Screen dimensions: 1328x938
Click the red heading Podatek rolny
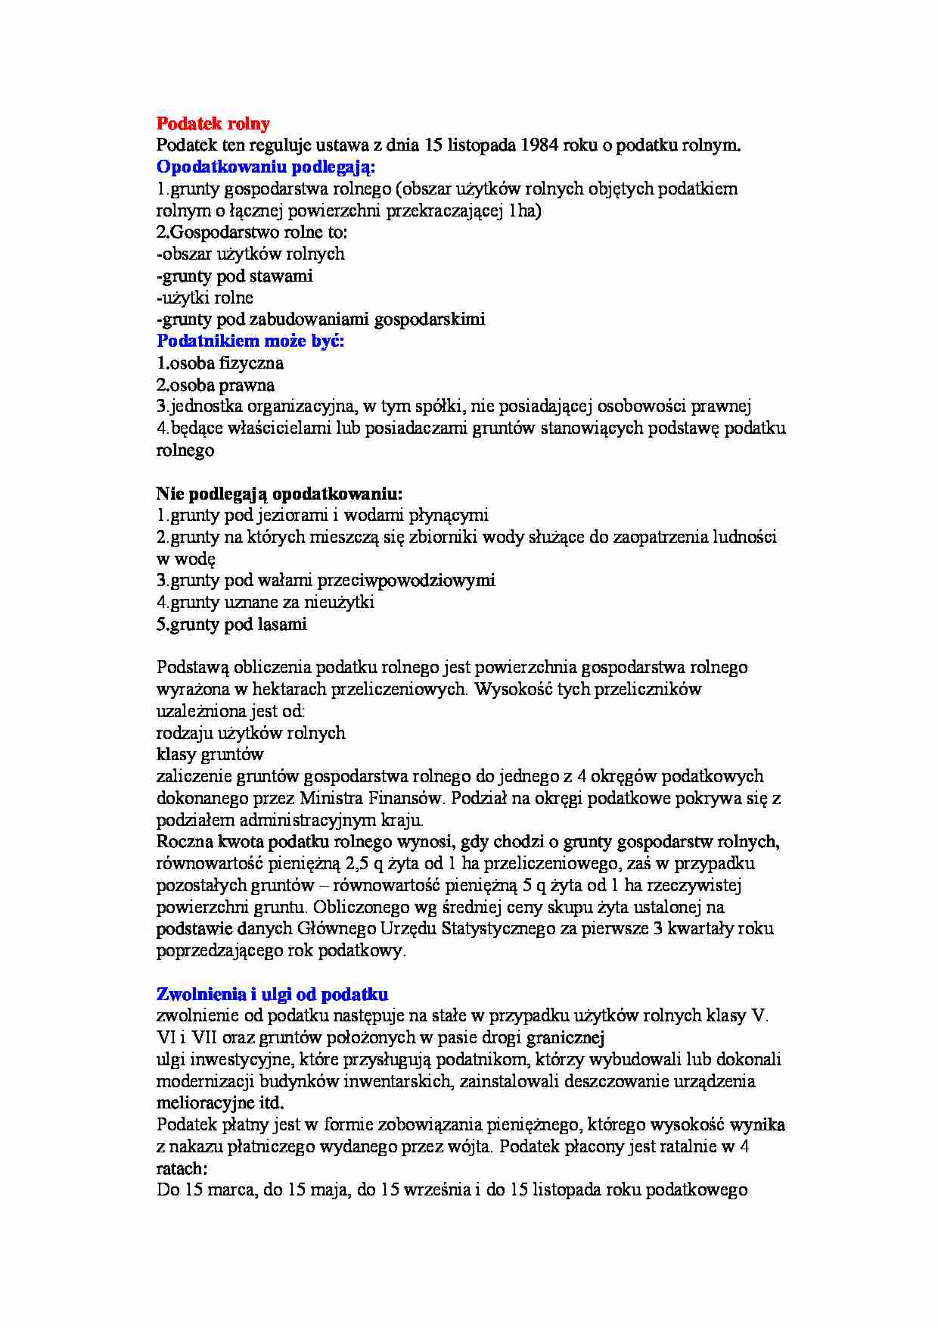pyautogui.click(x=213, y=123)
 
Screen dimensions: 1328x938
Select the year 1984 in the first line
pyautogui.click(x=541, y=145)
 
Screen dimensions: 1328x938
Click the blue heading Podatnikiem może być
pyautogui.click(x=250, y=341)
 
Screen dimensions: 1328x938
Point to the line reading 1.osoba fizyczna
pyautogui.click(x=220, y=363)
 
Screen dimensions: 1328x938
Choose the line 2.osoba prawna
pyautogui.click(x=216, y=385)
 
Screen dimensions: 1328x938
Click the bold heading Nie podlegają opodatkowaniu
pyautogui.click(x=279, y=494)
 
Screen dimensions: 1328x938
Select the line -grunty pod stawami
pyautogui.click(x=234, y=276)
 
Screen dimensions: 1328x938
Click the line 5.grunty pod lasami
pyautogui.click(x=231, y=625)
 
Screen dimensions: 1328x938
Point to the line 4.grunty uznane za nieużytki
pyautogui.click(x=266, y=603)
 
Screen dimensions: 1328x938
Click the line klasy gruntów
pyautogui.click(x=210, y=754)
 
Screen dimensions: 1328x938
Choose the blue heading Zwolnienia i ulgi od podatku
pyautogui.click(x=272, y=994)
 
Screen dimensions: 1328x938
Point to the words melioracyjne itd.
pyautogui.click(x=220, y=1102)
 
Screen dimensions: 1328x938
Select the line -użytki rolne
pyautogui.click(x=205, y=298)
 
